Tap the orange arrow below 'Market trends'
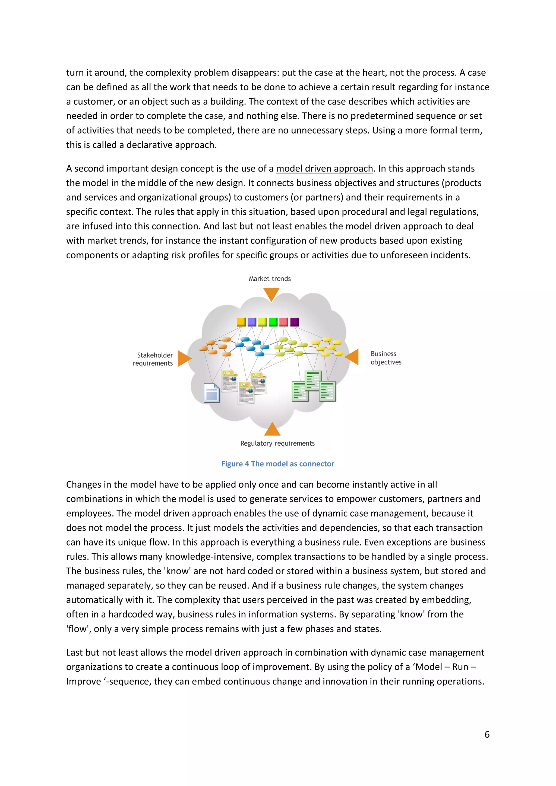[x=271, y=293]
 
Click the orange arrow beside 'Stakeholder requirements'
[x=184, y=359]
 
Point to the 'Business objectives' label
[x=386, y=358]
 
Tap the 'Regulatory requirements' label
[x=277, y=443]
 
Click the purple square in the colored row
[x=295, y=322]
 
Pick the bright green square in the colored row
[x=273, y=322]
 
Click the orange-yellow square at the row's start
[x=241, y=322]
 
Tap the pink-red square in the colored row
[x=283, y=322]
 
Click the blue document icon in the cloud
[x=211, y=393]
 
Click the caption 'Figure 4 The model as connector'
[x=278, y=464]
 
